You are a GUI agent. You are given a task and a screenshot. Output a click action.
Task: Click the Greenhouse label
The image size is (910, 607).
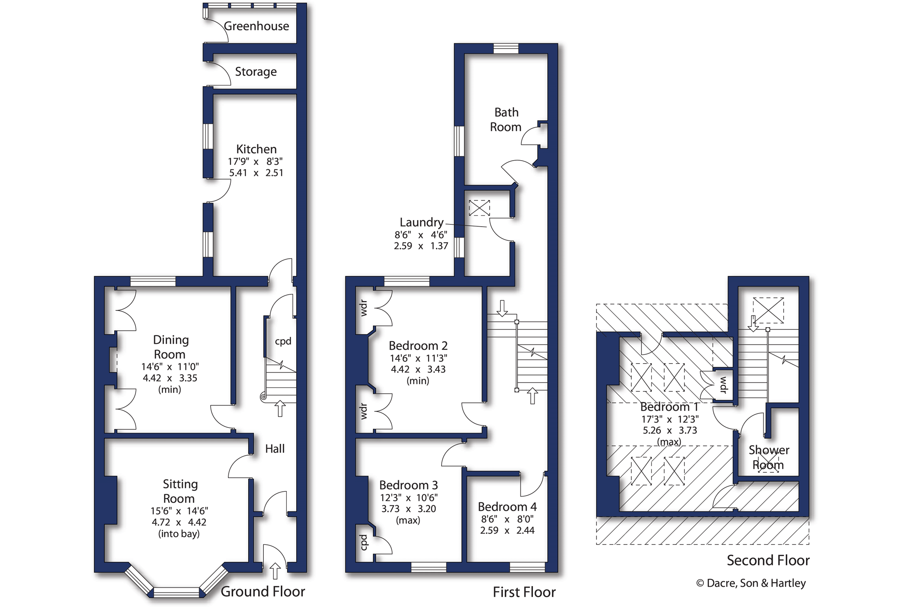pyautogui.click(x=256, y=26)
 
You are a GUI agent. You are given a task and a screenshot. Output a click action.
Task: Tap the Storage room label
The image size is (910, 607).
pyautogui.click(x=256, y=72)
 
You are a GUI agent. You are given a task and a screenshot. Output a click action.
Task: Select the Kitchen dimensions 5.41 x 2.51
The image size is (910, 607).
pyautogui.click(x=256, y=173)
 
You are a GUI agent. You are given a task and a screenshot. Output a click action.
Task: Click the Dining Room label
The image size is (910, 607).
pyautogui.click(x=170, y=347)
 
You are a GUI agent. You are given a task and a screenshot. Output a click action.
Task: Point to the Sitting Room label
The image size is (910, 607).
pyautogui.click(x=179, y=491)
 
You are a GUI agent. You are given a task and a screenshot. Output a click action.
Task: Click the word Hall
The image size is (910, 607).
pyautogui.click(x=275, y=449)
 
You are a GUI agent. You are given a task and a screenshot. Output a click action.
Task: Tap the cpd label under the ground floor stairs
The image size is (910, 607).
pyautogui.click(x=283, y=341)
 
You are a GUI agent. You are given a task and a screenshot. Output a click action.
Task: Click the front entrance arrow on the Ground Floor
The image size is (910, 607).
pyautogui.click(x=275, y=571)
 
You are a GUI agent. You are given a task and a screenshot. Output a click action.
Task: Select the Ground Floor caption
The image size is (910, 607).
pyautogui.click(x=263, y=592)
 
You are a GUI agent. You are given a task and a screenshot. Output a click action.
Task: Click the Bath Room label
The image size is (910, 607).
pyautogui.click(x=506, y=120)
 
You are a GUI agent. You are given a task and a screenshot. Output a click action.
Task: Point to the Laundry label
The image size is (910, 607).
pyautogui.click(x=422, y=222)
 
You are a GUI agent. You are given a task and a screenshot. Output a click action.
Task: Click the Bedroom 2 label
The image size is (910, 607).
pyautogui.click(x=418, y=346)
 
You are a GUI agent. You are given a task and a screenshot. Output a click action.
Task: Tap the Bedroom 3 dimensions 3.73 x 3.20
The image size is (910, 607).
pyautogui.click(x=409, y=508)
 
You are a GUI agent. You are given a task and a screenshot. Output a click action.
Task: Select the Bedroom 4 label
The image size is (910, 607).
pyautogui.click(x=507, y=507)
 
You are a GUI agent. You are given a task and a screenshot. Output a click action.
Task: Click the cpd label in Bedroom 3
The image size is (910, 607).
pyautogui.click(x=364, y=542)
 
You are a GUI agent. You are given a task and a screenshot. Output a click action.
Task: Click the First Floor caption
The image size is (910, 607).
pyautogui.click(x=524, y=592)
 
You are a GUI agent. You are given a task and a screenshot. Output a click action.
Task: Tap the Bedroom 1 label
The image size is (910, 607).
pyautogui.click(x=669, y=407)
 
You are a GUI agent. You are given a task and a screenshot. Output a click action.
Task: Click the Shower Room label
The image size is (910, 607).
pyautogui.click(x=769, y=457)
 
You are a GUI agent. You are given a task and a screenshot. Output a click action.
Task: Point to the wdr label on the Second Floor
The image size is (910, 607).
pyautogui.click(x=723, y=385)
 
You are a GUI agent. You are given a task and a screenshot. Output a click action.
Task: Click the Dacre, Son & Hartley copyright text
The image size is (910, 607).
pyautogui.click(x=751, y=583)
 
